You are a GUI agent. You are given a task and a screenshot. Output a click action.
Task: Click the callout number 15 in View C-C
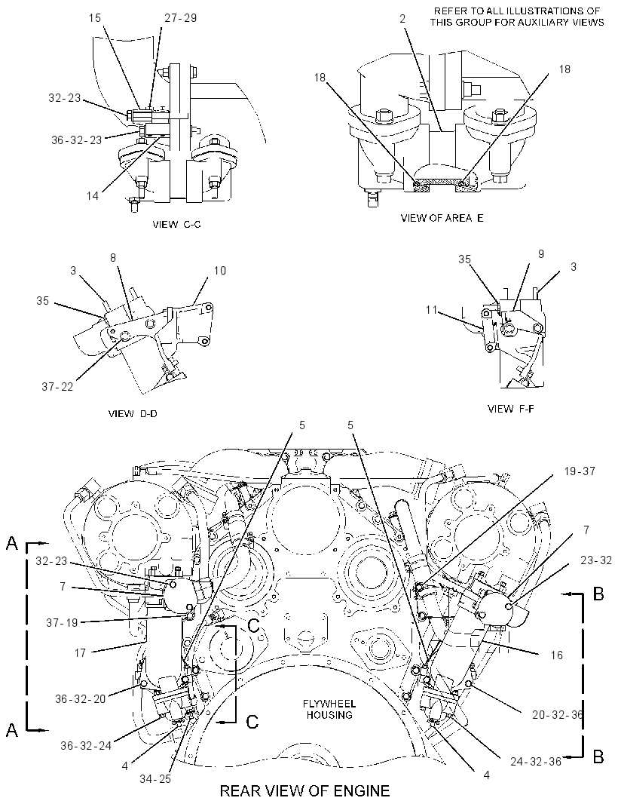point(95,18)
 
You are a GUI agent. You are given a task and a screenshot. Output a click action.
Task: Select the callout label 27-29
point(180,18)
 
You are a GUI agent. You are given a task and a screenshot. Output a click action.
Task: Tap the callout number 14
point(92,195)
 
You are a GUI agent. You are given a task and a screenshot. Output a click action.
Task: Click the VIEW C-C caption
point(177,224)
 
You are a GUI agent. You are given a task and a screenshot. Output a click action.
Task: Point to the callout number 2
point(402,18)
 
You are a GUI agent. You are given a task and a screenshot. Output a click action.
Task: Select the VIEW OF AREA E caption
point(442,218)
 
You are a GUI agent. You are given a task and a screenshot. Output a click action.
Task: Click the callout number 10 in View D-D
point(220,270)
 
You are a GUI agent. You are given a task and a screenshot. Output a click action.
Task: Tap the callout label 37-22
point(57,387)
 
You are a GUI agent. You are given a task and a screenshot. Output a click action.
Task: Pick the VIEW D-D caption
point(133,414)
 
